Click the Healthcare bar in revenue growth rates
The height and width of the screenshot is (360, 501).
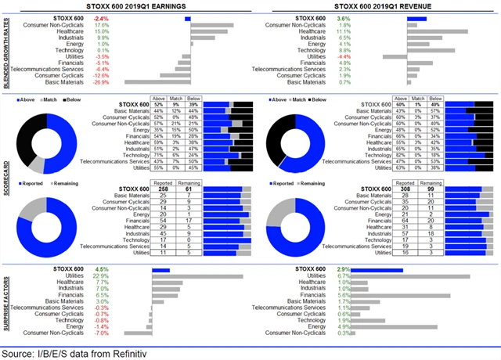pyautogui.click(x=438, y=31)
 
